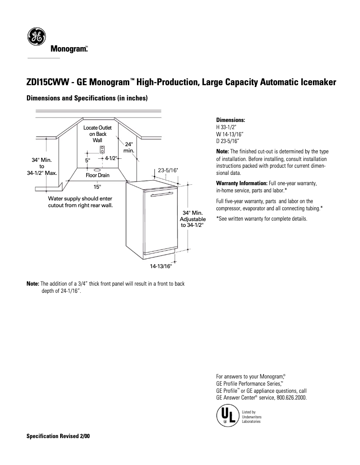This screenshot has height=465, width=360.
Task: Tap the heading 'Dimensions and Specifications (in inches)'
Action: click(x=87, y=98)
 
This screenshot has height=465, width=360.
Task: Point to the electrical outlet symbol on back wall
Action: click(x=102, y=150)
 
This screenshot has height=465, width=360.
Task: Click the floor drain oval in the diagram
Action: click(x=97, y=169)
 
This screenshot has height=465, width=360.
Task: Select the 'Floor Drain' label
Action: click(x=97, y=175)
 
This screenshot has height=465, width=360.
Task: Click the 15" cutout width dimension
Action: click(x=97, y=186)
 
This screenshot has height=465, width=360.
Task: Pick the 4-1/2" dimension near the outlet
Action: click(x=111, y=158)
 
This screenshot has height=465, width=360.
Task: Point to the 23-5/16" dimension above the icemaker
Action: click(x=168, y=170)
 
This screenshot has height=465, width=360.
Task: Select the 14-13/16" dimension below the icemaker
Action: click(x=161, y=266)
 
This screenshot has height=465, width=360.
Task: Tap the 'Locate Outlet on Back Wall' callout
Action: click(x=97, y=134)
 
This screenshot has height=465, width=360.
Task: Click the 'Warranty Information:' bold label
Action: click(x=241, y=184)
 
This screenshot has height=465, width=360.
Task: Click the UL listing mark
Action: click(x=226, y=415)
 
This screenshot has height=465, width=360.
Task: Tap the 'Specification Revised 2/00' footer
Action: click(x=58, y=436)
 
